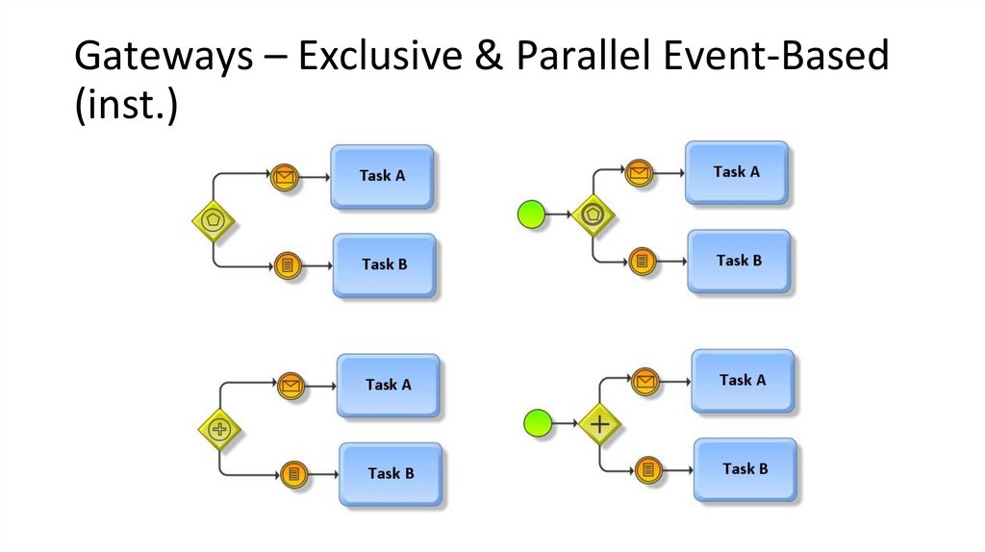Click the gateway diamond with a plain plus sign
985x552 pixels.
(x=600, y=423)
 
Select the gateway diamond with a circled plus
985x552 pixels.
(x=219, y=429)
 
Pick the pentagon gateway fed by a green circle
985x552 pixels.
(x=594, y=214)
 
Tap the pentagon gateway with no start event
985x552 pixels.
(x=214, y=219)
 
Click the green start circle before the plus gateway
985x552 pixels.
(x=537, y=422)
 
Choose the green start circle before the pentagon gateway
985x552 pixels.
(x=531, y=213)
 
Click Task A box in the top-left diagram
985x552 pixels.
(x=382, y=176)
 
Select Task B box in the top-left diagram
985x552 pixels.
(x=384, y=264)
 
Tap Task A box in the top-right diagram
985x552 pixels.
(x=737, y=172)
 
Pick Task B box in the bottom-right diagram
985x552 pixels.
(x=745, y=469)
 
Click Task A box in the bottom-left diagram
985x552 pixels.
(x=388, y=385)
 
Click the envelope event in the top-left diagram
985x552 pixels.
(x=284, y=177)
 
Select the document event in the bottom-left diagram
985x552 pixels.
(x=292, y=473)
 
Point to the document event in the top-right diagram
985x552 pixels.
(x=642, y=261)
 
